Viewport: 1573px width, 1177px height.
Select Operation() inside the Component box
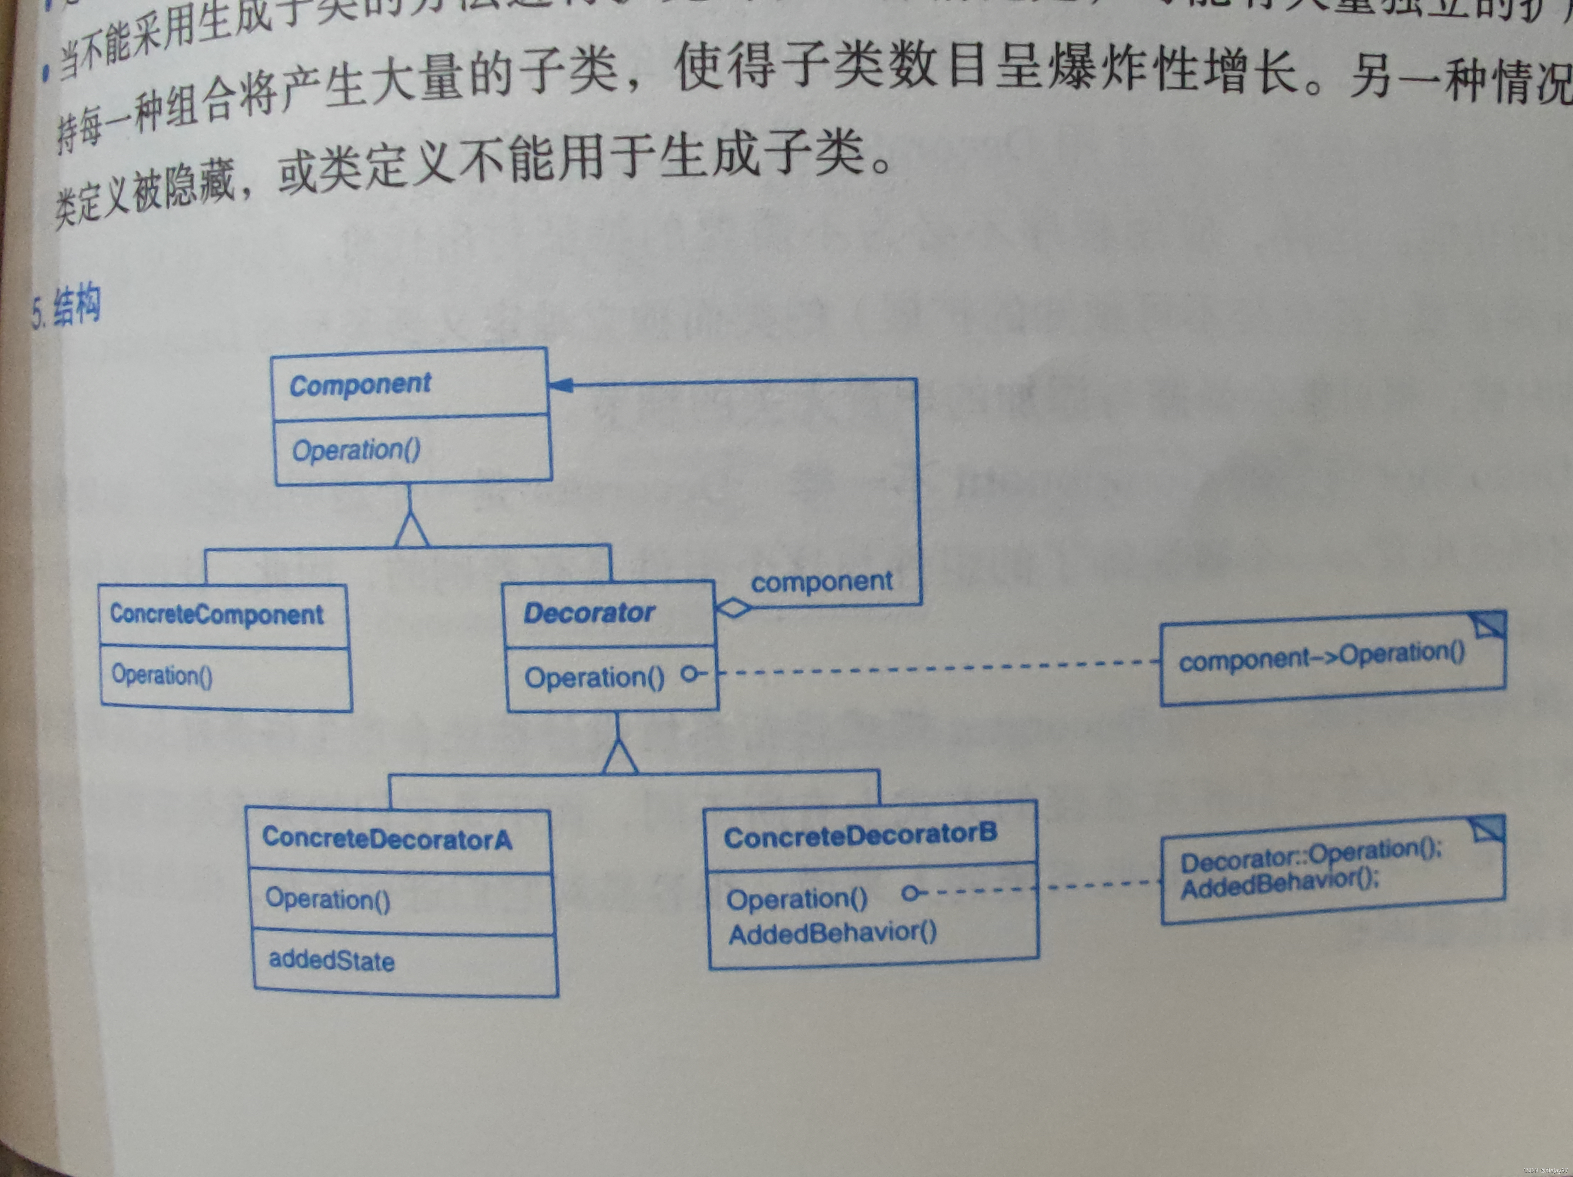click(x=356, y=450)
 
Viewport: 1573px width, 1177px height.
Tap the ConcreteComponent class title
click(x=216, y=614)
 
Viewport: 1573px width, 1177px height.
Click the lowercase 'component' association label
click(x=821, y=582)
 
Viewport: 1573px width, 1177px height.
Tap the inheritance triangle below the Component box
click(x=411, y=530)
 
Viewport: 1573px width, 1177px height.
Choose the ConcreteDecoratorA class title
click(x=387, y=839)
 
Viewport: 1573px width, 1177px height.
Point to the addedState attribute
click(x=331, y=961)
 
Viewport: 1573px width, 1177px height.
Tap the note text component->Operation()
click(x=1321, y=657)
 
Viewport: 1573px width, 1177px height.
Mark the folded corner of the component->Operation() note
click(x=1488, y=624)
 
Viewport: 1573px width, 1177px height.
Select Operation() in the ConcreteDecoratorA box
click(x=328, y=899)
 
